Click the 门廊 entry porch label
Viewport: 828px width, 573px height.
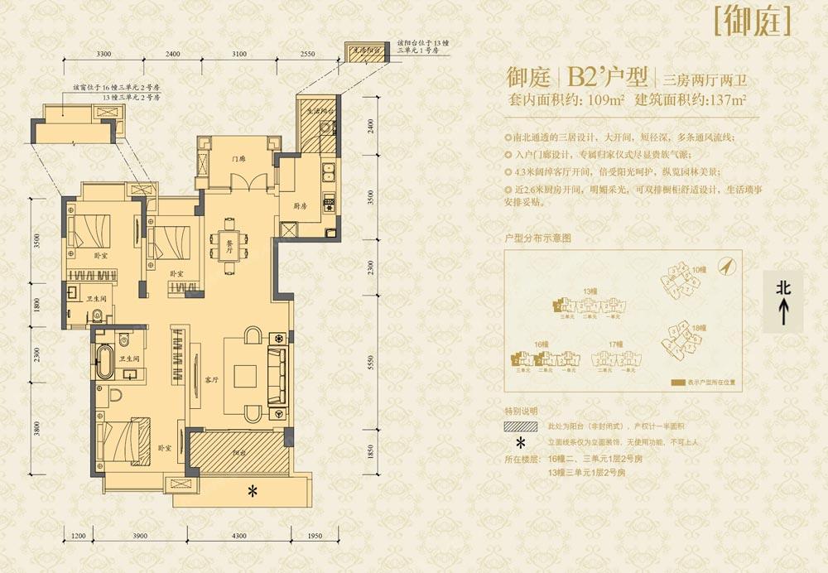(x=238, y=159)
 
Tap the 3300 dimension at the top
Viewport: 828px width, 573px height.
(x=103, y=54)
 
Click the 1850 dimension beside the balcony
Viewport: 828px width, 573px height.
(x=372, y=452)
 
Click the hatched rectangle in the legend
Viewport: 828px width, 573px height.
(x=518, y=427)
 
